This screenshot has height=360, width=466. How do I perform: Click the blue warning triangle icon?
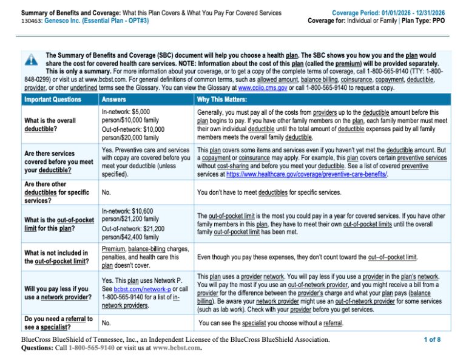click(30, 60)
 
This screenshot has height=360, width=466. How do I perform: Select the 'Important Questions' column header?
click(52, 100)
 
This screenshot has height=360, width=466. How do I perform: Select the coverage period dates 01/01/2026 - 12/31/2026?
click(408, 13)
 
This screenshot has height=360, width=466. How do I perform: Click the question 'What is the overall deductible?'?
click(49, 124)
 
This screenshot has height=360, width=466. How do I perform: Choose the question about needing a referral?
click(58, 323)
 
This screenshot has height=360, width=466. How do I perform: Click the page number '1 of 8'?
click(432, 339)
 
